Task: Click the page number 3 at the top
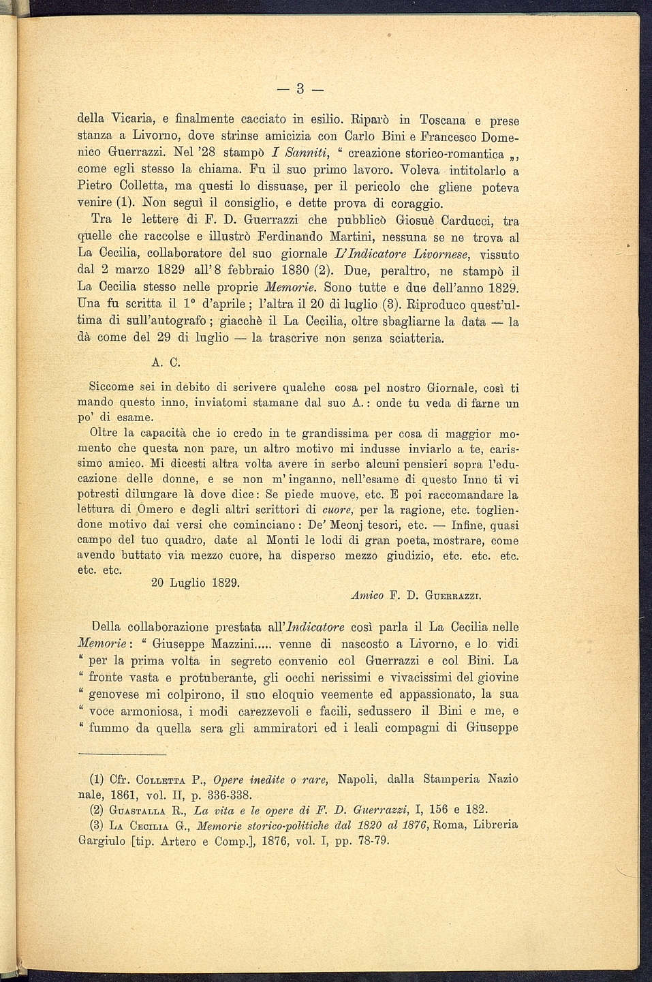299,89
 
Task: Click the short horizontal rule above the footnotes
123,754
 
